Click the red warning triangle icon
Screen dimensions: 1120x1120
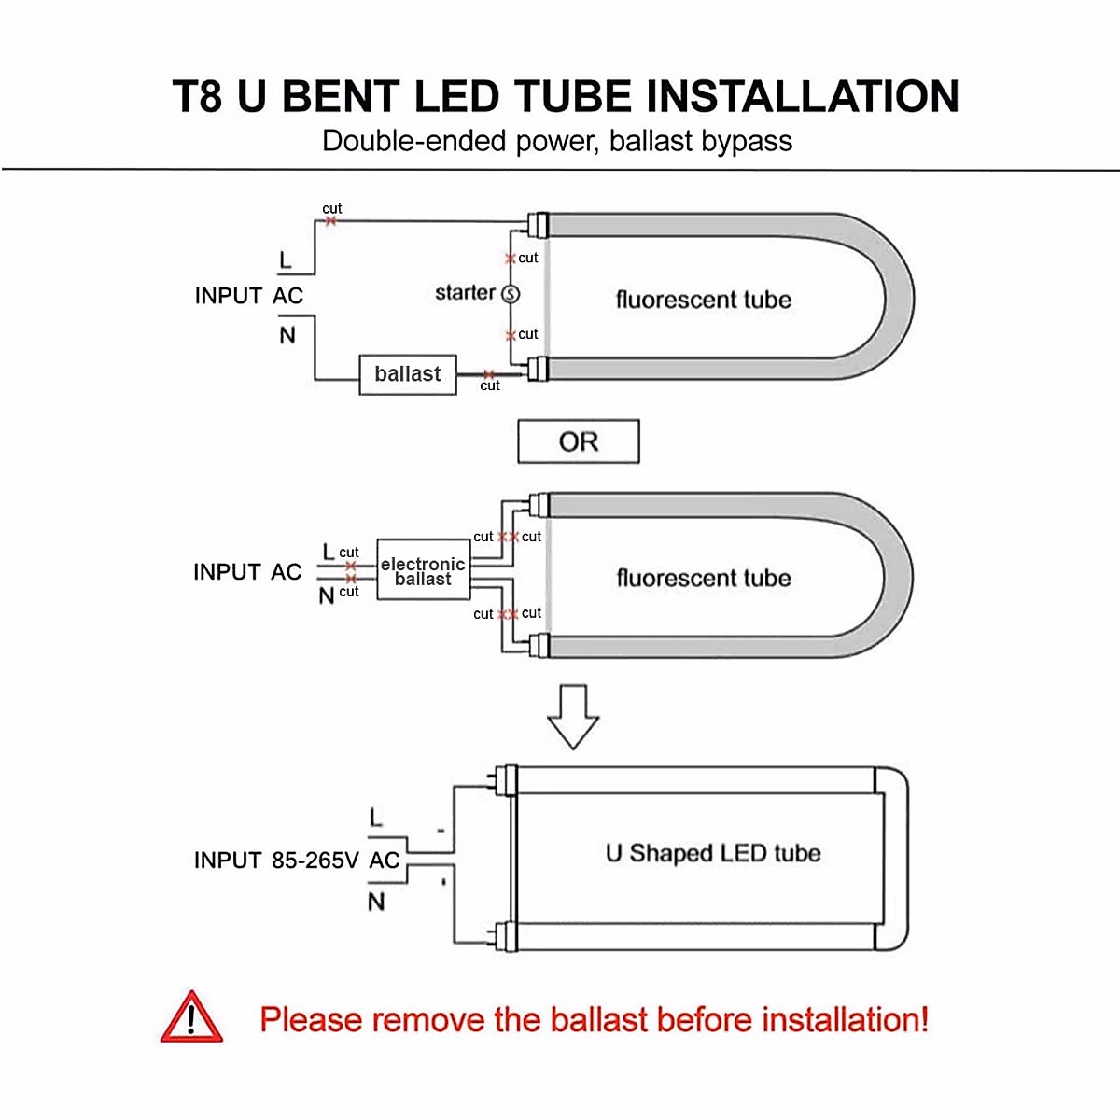point(191,1018)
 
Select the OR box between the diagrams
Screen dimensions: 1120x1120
point(579,441)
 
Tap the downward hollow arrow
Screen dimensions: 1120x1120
point(572,716)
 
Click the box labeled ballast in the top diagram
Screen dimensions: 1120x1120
point(408,374)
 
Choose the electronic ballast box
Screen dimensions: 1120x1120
point(423,570)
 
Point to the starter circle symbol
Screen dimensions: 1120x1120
point(511,294)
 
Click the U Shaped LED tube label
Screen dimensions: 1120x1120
point(713,853)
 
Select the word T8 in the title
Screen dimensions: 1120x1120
point(197,97)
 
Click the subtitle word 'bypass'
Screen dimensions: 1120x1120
point(747,141)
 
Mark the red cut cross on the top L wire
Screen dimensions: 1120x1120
point(330,221)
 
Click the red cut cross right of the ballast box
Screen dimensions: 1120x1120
point(489,374)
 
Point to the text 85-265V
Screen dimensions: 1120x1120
point(315,860)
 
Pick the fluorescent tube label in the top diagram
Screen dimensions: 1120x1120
point(704,300)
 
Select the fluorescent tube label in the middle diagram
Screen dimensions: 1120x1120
point(704,578)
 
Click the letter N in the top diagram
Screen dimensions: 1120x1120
point(287,335)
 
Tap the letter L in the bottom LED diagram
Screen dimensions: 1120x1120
point(376,819)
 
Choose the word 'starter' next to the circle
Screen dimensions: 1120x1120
point(465,293)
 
